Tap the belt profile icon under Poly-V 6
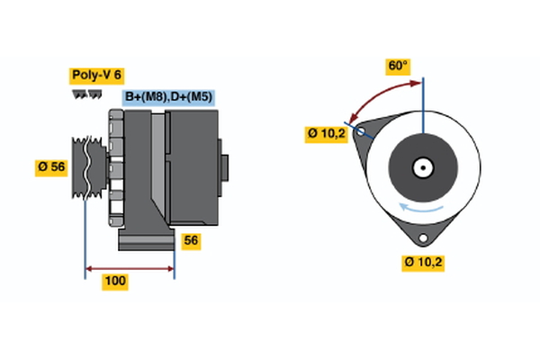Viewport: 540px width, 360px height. (x=86, y=94)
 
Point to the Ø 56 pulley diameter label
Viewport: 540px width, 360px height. (x=51, y=166)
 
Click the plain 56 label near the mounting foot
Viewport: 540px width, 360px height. (x=191, y=240)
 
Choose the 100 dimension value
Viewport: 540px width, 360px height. (x=115, y=282)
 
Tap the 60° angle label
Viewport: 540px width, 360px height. (x=398, y=66)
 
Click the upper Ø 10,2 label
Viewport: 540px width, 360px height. (x=325, y=133)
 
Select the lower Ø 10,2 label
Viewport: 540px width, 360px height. (x=425, y=262)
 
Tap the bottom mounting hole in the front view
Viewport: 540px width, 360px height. (x=423, y=238)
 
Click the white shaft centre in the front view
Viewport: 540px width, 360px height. (x=422, y=166)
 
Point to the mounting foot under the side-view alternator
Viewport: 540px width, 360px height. (x=144, y=240)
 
